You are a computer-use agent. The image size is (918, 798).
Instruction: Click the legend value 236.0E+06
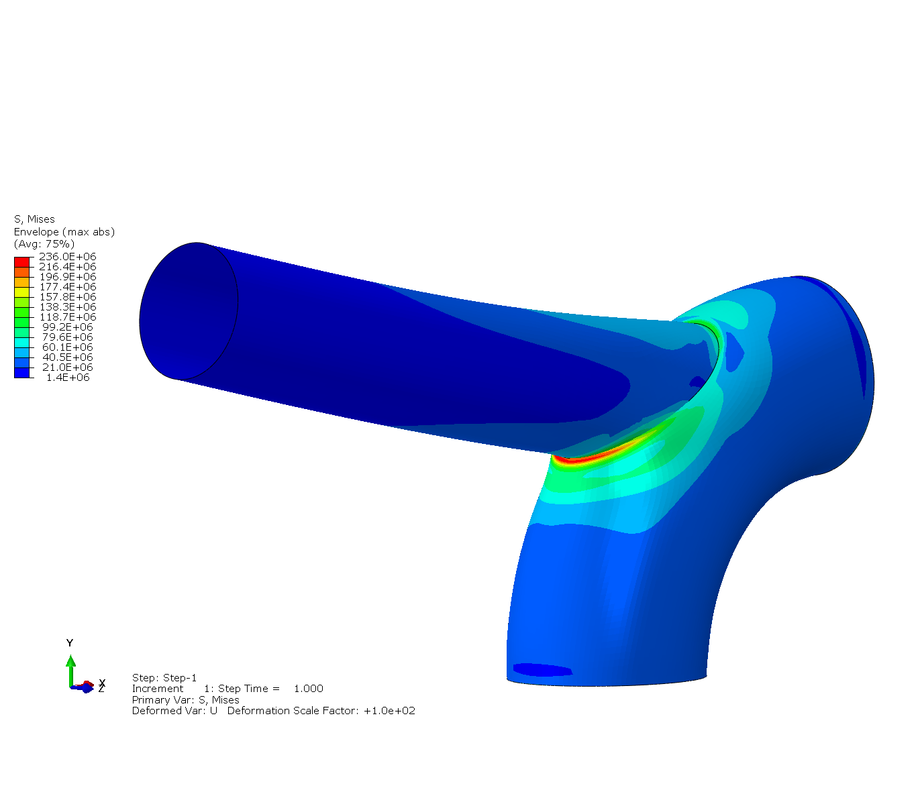(67, 257)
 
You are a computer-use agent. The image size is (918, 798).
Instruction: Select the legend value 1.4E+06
(68, 378)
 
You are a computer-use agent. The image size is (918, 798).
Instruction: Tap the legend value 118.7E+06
(67, 317)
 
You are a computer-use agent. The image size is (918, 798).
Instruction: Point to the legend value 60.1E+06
(67, 347)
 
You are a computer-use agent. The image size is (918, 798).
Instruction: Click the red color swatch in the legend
(21, 262)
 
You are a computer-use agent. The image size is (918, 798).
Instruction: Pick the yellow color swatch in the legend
(21, 292)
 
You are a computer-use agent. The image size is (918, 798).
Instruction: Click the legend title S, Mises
(34, 219)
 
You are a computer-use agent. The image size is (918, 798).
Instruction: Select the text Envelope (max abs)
(64, 232)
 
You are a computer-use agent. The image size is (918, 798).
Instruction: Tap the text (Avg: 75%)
(44, 244)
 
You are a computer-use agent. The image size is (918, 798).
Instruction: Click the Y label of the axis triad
(70, 643)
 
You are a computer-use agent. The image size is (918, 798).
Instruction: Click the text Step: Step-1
(164, 678)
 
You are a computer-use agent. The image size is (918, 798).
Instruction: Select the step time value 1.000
(308, 689)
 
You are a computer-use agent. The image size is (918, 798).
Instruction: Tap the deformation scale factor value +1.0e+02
(389, 711)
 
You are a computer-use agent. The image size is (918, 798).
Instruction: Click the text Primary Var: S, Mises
(185, 700)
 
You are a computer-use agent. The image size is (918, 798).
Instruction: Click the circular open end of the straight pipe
(189, 310)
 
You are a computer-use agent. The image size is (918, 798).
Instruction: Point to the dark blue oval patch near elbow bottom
(542, 669)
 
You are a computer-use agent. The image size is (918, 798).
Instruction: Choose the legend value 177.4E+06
(67, 287)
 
